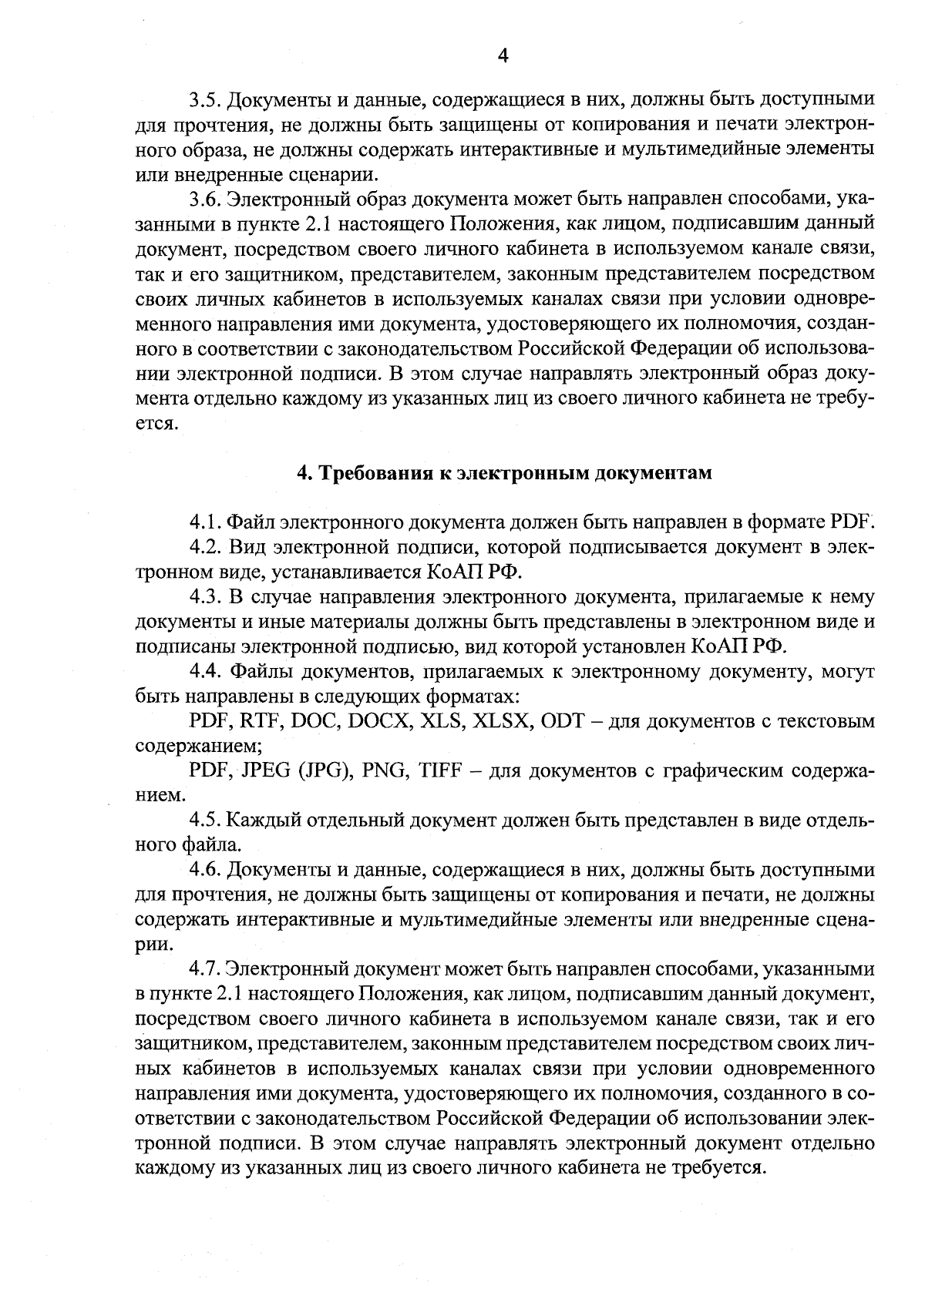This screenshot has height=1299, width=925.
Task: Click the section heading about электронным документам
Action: pos(504,473)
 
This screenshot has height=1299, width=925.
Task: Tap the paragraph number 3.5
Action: pos(206,100)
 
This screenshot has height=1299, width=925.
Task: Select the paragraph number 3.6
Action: pos(206,200)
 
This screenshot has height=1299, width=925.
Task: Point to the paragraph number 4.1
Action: pos(205,522)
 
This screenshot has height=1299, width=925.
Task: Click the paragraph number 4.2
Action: pos(206,548)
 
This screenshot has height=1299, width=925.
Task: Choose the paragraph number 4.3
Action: pos(206,597)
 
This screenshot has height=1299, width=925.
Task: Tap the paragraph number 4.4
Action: pos(206,672)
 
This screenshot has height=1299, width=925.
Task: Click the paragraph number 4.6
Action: pos(206,871)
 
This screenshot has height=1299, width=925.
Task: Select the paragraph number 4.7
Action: pos(206,969)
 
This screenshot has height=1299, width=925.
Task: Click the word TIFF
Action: pos(439,771)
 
